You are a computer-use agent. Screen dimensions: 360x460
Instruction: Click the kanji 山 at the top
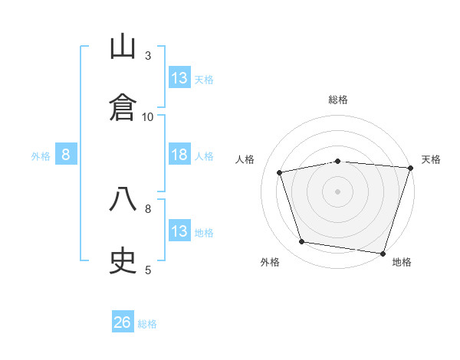pos(123,47)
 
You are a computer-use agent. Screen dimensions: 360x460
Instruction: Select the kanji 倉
pos(123,106)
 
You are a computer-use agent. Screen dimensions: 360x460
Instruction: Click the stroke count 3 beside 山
pos(148,55)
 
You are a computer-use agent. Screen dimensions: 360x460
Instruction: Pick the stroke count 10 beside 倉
pos(148,116)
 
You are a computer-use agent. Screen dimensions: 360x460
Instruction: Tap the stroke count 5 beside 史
pos(148,270)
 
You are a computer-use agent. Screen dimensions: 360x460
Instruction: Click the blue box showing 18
pos(179,155)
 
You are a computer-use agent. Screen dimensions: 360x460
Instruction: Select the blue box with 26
pos(123,322)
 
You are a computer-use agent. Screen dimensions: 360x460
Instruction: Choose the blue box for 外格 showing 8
pos(66,155)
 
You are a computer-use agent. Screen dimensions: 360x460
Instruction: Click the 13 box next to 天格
pos(179,78)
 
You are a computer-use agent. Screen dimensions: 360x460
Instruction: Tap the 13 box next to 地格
pos(179,231)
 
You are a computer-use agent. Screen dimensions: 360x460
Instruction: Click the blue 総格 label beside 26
pos(147,324)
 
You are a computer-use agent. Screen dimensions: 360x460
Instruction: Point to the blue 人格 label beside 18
pos(204,156)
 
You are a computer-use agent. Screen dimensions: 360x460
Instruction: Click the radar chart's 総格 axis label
pos(338,100)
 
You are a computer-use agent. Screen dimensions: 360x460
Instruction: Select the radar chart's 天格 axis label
pos(431,159)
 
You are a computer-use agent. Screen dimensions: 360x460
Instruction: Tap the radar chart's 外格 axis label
pos(270,263)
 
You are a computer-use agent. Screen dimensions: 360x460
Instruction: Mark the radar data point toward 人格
pos(280,172)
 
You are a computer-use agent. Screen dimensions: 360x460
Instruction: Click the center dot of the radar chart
pos(338,191)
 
